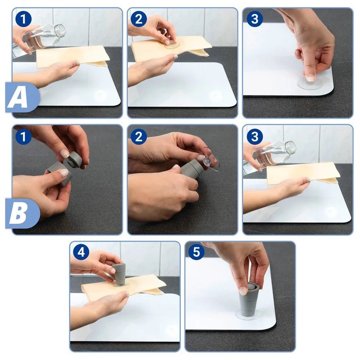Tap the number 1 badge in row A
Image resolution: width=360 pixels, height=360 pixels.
click(x=23, y=19)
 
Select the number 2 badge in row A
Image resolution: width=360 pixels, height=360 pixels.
click(x=139, y=19)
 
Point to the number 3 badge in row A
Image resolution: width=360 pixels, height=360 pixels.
click(x=255, y=19)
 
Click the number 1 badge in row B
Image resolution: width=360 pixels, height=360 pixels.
click(x=23, y=137)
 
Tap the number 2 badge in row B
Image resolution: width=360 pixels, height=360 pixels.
click(x=139, y=137)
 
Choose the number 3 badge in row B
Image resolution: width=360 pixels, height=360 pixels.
click(x=255, y=137)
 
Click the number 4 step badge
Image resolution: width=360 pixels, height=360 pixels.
click(x=81, y=252)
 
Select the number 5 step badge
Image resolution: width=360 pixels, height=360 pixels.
click(x=196, y=252)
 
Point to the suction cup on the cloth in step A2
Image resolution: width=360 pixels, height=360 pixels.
click(x=171, y=44)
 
